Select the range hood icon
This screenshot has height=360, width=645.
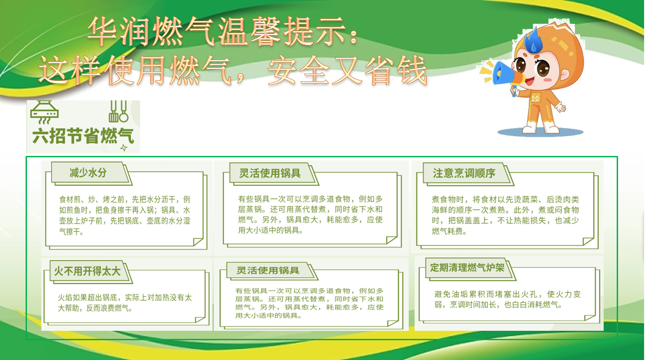44,112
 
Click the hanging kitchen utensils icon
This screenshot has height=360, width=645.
118,111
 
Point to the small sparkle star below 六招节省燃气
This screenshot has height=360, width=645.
124,148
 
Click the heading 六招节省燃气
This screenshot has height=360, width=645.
83,136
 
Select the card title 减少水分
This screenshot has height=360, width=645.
88,173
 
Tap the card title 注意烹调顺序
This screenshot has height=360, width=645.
464,173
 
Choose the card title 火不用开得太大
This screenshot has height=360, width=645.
87,271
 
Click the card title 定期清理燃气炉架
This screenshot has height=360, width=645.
467,268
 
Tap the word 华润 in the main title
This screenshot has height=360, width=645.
118,31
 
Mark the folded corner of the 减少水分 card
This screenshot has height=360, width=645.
198,242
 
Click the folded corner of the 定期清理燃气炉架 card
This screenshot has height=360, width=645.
590,318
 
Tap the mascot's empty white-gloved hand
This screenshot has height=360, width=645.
561,107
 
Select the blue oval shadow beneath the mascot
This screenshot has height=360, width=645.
540,133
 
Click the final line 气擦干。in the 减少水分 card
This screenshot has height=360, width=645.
71,232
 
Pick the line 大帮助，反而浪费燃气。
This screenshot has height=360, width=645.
95,308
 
